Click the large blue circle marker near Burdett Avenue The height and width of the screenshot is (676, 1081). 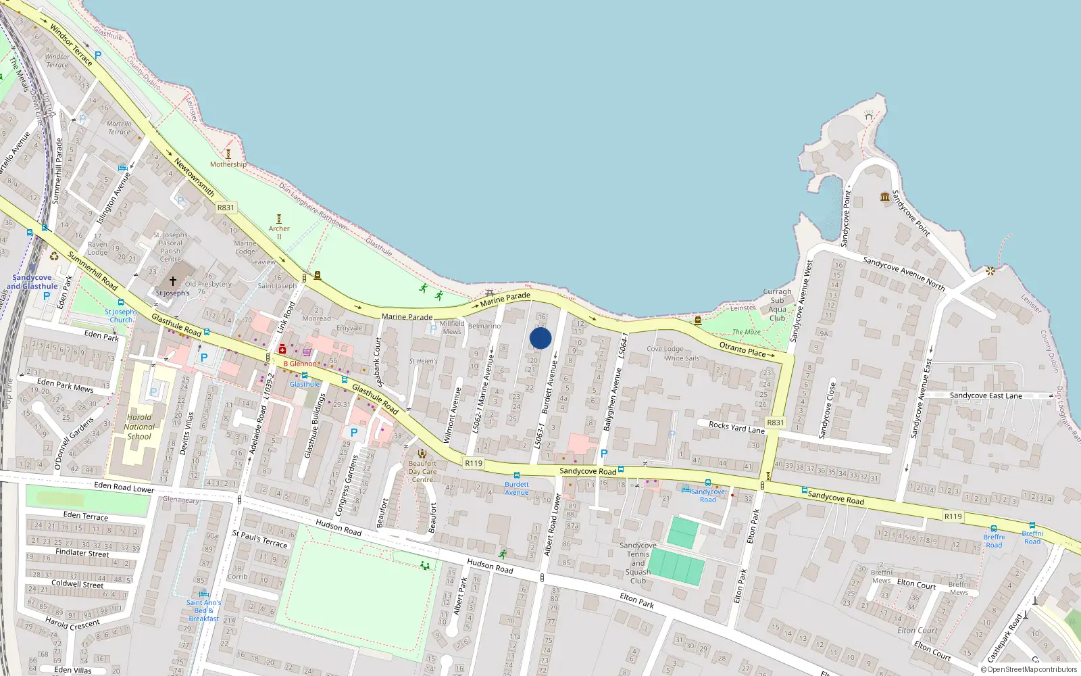(540, 338)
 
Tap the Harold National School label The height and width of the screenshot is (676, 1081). (139, 427)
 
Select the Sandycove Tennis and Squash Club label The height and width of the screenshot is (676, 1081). (638, 563)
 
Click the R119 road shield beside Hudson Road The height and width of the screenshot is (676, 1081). (474, 463)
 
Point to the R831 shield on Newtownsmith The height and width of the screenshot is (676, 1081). (226, 208)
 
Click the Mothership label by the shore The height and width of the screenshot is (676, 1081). (228, 164)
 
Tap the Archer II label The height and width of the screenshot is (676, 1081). (279, 233)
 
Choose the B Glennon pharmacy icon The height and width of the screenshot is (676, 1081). (282, 349)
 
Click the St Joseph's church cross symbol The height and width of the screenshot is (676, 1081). (173, 281)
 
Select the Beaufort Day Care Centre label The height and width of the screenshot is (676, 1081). (422, 472)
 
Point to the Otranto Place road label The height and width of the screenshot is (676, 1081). (743, 349)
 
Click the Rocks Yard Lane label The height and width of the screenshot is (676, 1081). (736, 427)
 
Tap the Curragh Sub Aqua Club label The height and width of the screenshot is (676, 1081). (777, 305)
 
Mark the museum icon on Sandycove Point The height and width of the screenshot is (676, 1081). (885, 197)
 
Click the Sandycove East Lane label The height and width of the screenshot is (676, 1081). (986, 395)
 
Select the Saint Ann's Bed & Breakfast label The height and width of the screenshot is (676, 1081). (203, 610)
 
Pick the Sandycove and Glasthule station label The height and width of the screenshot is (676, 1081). (32, 282)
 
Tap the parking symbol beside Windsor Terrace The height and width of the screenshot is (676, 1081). (98, 55)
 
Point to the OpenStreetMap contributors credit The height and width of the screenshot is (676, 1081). (1029, 670)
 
